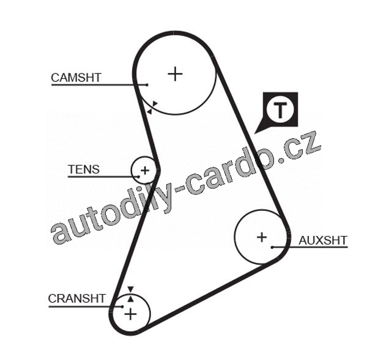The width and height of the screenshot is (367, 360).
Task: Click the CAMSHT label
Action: click(76, 78)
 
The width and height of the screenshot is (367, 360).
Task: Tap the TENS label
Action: click(83, 169)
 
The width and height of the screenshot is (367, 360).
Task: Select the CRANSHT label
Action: click(76, 298)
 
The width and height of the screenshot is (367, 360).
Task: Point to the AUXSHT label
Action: click(322, 240)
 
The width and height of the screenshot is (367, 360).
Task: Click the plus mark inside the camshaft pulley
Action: click(176, 74)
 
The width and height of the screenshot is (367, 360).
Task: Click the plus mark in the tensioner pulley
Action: click(145, 169)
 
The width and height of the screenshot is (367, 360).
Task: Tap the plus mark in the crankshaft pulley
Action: click(130, 314)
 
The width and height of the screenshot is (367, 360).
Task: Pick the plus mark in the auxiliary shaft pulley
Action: click(262, 237)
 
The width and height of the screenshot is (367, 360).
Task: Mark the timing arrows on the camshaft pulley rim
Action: click(152, 107)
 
